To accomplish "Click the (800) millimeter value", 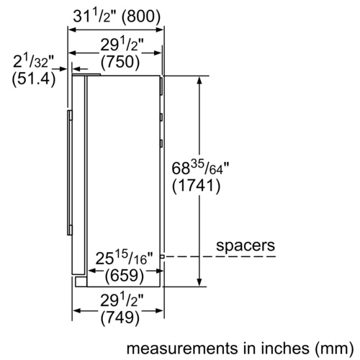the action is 141,17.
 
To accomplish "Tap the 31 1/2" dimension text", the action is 95,17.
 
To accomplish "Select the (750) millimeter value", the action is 120,62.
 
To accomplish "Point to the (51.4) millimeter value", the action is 34,78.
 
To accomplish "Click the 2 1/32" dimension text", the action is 34,61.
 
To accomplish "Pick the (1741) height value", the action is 196,186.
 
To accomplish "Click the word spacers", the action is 246,246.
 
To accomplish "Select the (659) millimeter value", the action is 125,275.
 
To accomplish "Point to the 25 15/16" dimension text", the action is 124,258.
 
